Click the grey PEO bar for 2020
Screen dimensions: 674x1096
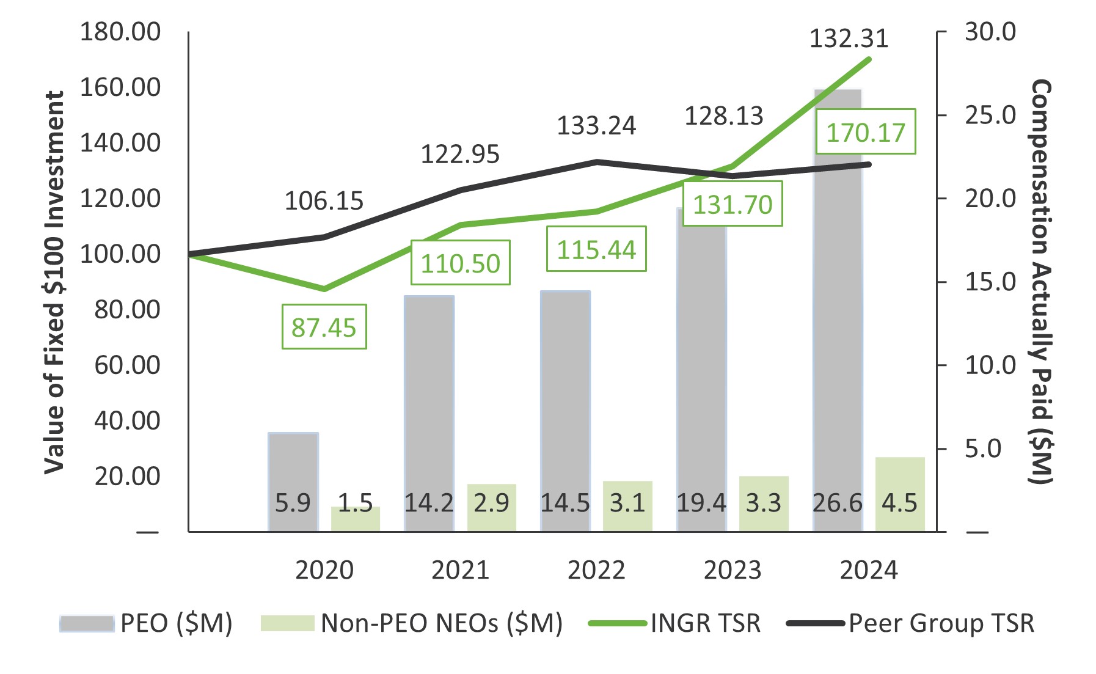point(293,464)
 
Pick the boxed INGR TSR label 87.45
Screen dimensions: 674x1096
point(324,327)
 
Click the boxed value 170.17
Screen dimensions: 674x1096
point(866,132)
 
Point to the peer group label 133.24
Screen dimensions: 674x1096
point(596,126)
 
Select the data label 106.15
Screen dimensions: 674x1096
point(324,201)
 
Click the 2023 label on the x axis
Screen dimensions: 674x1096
point(732,570)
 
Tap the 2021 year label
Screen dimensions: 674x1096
point(460,570)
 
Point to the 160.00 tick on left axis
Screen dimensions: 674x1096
point(120,87)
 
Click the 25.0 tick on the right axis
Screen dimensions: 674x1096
point(990,115)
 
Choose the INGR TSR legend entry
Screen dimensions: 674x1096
point(675,623)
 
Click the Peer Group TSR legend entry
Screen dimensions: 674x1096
point(910,623)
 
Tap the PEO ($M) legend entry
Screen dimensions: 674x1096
point(147,623)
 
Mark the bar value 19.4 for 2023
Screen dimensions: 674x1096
point(701,503)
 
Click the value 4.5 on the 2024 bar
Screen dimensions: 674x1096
point(899,503)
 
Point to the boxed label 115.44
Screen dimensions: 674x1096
point(596,249)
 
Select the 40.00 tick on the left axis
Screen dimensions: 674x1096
point(127,420)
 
